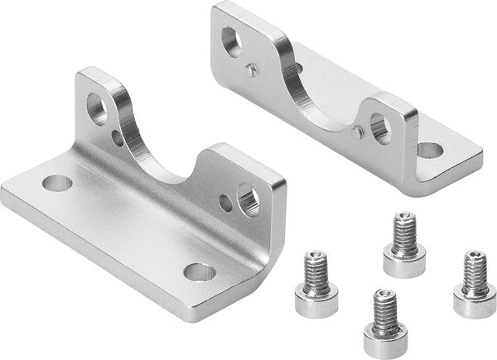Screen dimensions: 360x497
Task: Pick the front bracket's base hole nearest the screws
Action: pos(198,270)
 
